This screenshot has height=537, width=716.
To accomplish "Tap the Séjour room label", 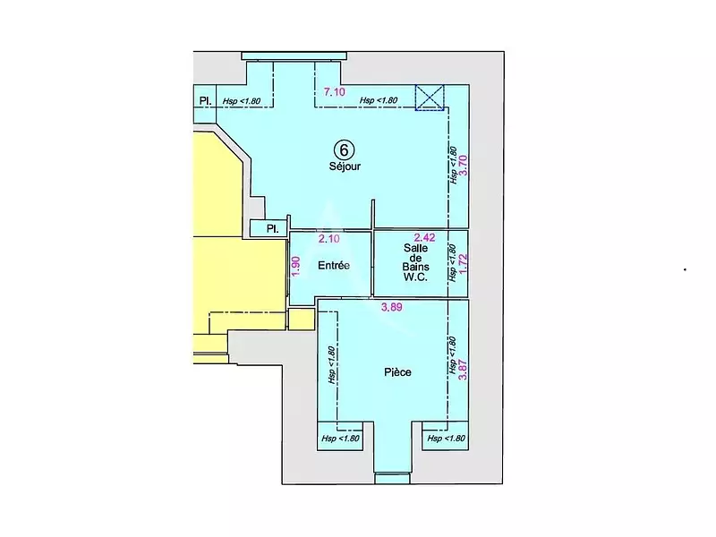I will point(345,166).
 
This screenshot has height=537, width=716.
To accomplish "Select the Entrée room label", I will point(333,266).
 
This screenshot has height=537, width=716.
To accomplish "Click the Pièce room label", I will point(396,372).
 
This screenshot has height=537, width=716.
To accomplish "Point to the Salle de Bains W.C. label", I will point(416,263).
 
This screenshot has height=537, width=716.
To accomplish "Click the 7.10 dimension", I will point(334,92).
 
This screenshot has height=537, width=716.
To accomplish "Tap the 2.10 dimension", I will point(330,238).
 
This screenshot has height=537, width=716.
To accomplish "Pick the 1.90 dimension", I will point(295,266).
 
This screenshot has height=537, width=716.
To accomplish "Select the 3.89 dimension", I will point(391,308).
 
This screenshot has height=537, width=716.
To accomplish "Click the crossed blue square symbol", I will point(430,98).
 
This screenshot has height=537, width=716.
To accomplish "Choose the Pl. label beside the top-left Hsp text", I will point(205,100).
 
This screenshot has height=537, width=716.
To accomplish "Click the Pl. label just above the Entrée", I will point(269,229).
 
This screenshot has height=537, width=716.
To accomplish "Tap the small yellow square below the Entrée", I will point(302,319).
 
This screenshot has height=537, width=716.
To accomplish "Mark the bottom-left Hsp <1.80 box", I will point(340,439).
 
